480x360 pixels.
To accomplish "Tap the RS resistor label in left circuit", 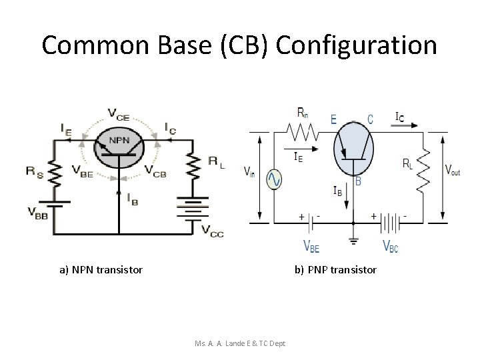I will (35, 171).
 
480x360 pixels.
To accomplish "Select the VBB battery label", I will (37, 213).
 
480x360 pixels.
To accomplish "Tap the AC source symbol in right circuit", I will (274, 179).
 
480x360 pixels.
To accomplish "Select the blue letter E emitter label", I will (334, 119).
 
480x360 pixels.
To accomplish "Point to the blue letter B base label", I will (358, 181).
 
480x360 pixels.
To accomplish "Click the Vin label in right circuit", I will (249, 173).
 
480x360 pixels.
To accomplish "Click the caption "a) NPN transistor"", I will (101, 270).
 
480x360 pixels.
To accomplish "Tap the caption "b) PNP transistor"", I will (335, 270).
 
